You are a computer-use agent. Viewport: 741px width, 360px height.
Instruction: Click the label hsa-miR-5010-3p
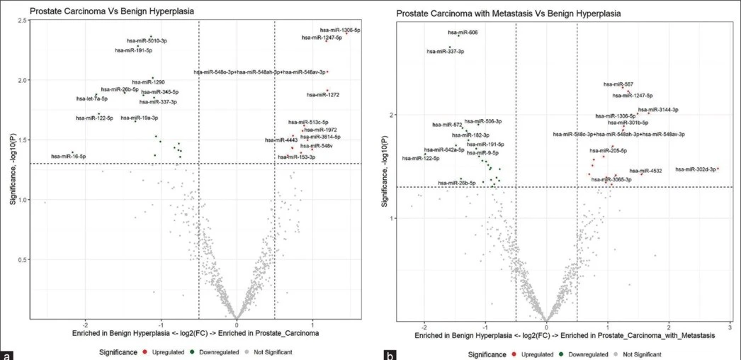147,41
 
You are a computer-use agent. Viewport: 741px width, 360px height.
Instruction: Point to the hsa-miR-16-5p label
68,156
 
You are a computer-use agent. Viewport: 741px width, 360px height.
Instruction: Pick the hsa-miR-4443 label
280,140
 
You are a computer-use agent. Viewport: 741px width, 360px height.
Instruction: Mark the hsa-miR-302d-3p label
695,169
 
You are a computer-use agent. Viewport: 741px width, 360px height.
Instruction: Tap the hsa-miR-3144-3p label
658,110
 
